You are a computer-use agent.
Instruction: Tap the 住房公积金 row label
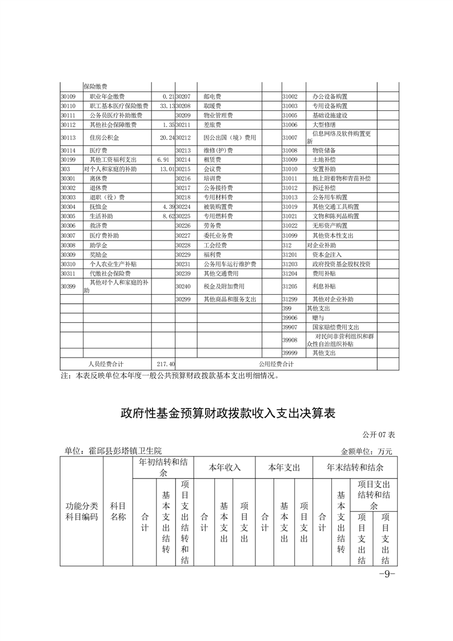point(102,138)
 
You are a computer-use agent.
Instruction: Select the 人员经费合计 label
point(106,363)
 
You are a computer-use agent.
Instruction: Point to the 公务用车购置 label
point(330,196)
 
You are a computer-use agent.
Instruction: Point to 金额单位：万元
point(367,451)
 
